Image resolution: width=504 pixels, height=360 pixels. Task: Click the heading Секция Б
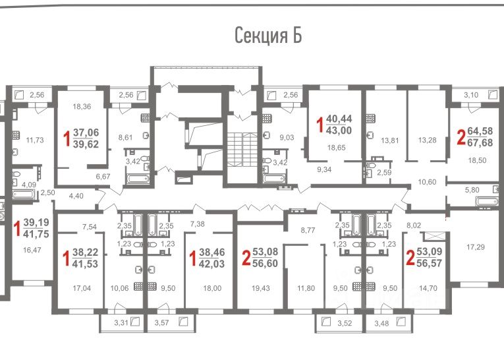click(268, 36)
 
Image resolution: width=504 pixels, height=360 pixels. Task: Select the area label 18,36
click(82, 107)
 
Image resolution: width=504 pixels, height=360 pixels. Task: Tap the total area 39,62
click(86, 144)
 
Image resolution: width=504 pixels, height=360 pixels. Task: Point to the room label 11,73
click(35, 140)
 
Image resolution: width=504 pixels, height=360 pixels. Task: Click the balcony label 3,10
click(471, 95)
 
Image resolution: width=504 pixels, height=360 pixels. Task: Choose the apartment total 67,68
click(480, 142)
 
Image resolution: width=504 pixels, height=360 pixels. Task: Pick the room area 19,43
click(261, 288)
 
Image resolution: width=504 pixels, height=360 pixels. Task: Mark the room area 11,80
click(306, 288)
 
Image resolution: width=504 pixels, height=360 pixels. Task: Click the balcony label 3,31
click(121, 322)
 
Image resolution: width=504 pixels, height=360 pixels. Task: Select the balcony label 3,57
click(161, 322)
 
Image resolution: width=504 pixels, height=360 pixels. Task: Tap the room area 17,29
click(476, 247)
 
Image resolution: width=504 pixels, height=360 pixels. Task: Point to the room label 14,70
click(428, 288)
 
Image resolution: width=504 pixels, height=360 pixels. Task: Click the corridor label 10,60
click(427, 182)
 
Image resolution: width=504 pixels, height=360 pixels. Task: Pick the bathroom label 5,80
click(472, 190)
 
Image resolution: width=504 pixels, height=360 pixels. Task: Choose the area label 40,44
click(339, 119)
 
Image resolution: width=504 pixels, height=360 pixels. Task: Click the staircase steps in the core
click(242, 150)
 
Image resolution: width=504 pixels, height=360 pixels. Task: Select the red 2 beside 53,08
click(246, 258)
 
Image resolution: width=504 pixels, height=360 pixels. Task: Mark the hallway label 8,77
click(308, 230)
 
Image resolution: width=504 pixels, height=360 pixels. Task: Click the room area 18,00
click(212, 288)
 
